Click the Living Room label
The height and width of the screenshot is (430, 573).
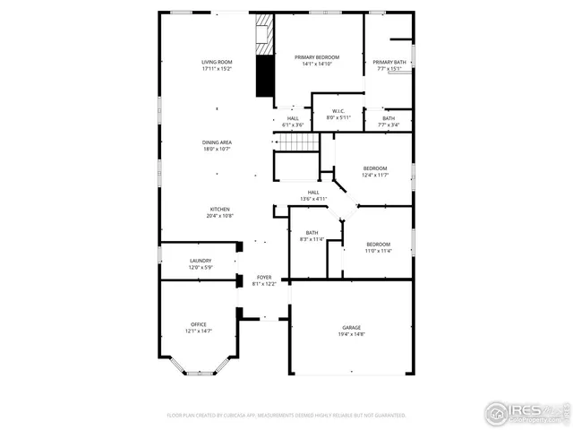click(x=217, y=61)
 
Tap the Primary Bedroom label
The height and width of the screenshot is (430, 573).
click(x=318, y=56)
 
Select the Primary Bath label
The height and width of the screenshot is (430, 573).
click(x=389, y=61)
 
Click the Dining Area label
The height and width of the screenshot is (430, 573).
click(x=217, y=142)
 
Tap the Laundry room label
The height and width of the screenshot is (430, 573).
click(x=200, y=261)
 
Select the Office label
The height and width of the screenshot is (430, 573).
click(x=198, y=324)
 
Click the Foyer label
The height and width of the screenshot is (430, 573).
click(x=264, y=278)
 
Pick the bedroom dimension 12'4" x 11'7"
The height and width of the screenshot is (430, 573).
click(x=375, y=175)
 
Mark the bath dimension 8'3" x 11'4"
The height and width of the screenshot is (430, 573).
click(x=312, y=239)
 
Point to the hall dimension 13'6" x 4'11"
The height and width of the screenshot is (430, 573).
click(x=313, y=198)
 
